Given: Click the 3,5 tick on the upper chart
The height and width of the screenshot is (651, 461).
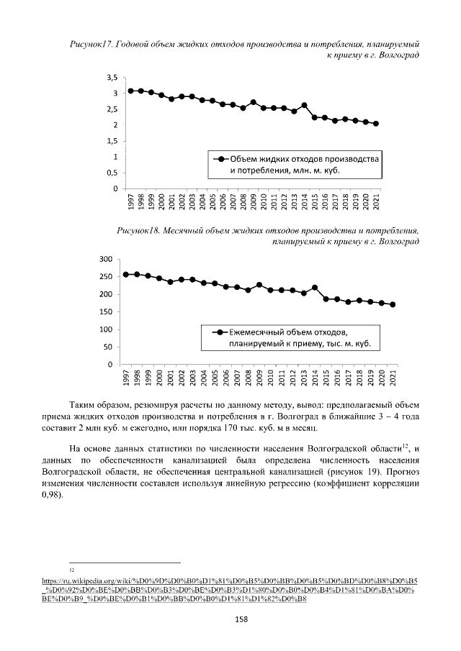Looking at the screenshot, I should point(112,77).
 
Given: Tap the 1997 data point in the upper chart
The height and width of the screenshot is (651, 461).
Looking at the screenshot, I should point(131,91).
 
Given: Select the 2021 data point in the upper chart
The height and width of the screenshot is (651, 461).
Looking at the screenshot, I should point(376,124).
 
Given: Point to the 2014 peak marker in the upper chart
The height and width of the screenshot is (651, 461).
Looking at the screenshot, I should point(305,105).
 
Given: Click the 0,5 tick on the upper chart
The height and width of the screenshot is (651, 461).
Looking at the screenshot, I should point(112,173).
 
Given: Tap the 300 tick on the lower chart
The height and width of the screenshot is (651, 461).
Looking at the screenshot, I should point(107,259).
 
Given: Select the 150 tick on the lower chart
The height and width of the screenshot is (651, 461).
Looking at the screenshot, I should point(107,312).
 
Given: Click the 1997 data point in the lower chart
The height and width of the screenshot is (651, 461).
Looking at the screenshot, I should point(126,274).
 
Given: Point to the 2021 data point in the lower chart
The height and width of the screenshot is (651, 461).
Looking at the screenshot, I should point(393,304).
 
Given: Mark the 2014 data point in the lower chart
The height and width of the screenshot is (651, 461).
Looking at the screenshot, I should point(315,288).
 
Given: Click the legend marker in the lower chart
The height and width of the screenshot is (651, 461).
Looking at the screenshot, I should point(215,332).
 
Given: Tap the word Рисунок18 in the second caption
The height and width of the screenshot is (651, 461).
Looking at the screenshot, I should point(140,230).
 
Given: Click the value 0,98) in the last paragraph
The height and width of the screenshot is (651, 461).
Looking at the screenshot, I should point(53,496).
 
